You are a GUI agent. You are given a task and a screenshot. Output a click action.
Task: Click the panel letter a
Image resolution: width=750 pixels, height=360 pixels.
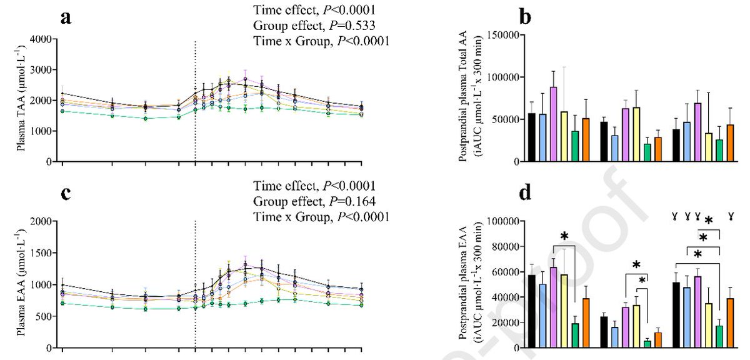tap(65, 17)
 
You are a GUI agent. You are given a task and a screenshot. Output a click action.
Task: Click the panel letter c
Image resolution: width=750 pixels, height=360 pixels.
tap(65, 194)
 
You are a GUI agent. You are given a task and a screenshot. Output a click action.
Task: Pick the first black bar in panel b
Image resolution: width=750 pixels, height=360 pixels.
tap(531, 137)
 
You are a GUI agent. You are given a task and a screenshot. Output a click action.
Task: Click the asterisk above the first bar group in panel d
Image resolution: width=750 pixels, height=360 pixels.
tap(564, 236)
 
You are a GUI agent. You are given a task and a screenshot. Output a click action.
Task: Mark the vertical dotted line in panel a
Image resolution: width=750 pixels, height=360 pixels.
tap(196, 100)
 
